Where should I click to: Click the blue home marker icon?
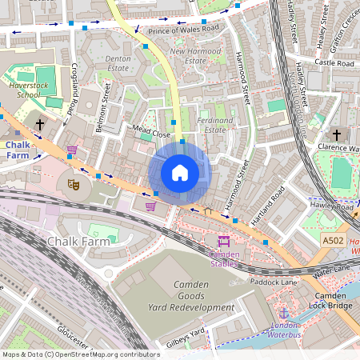[180, 173]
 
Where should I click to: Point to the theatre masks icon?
[74, 184]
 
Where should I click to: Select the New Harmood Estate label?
[195, 55]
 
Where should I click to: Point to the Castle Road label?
[334, 62]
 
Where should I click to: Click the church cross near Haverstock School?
[40, 125]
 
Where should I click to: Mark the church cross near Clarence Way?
[336, 134]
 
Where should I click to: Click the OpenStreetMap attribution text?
[80, 354]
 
